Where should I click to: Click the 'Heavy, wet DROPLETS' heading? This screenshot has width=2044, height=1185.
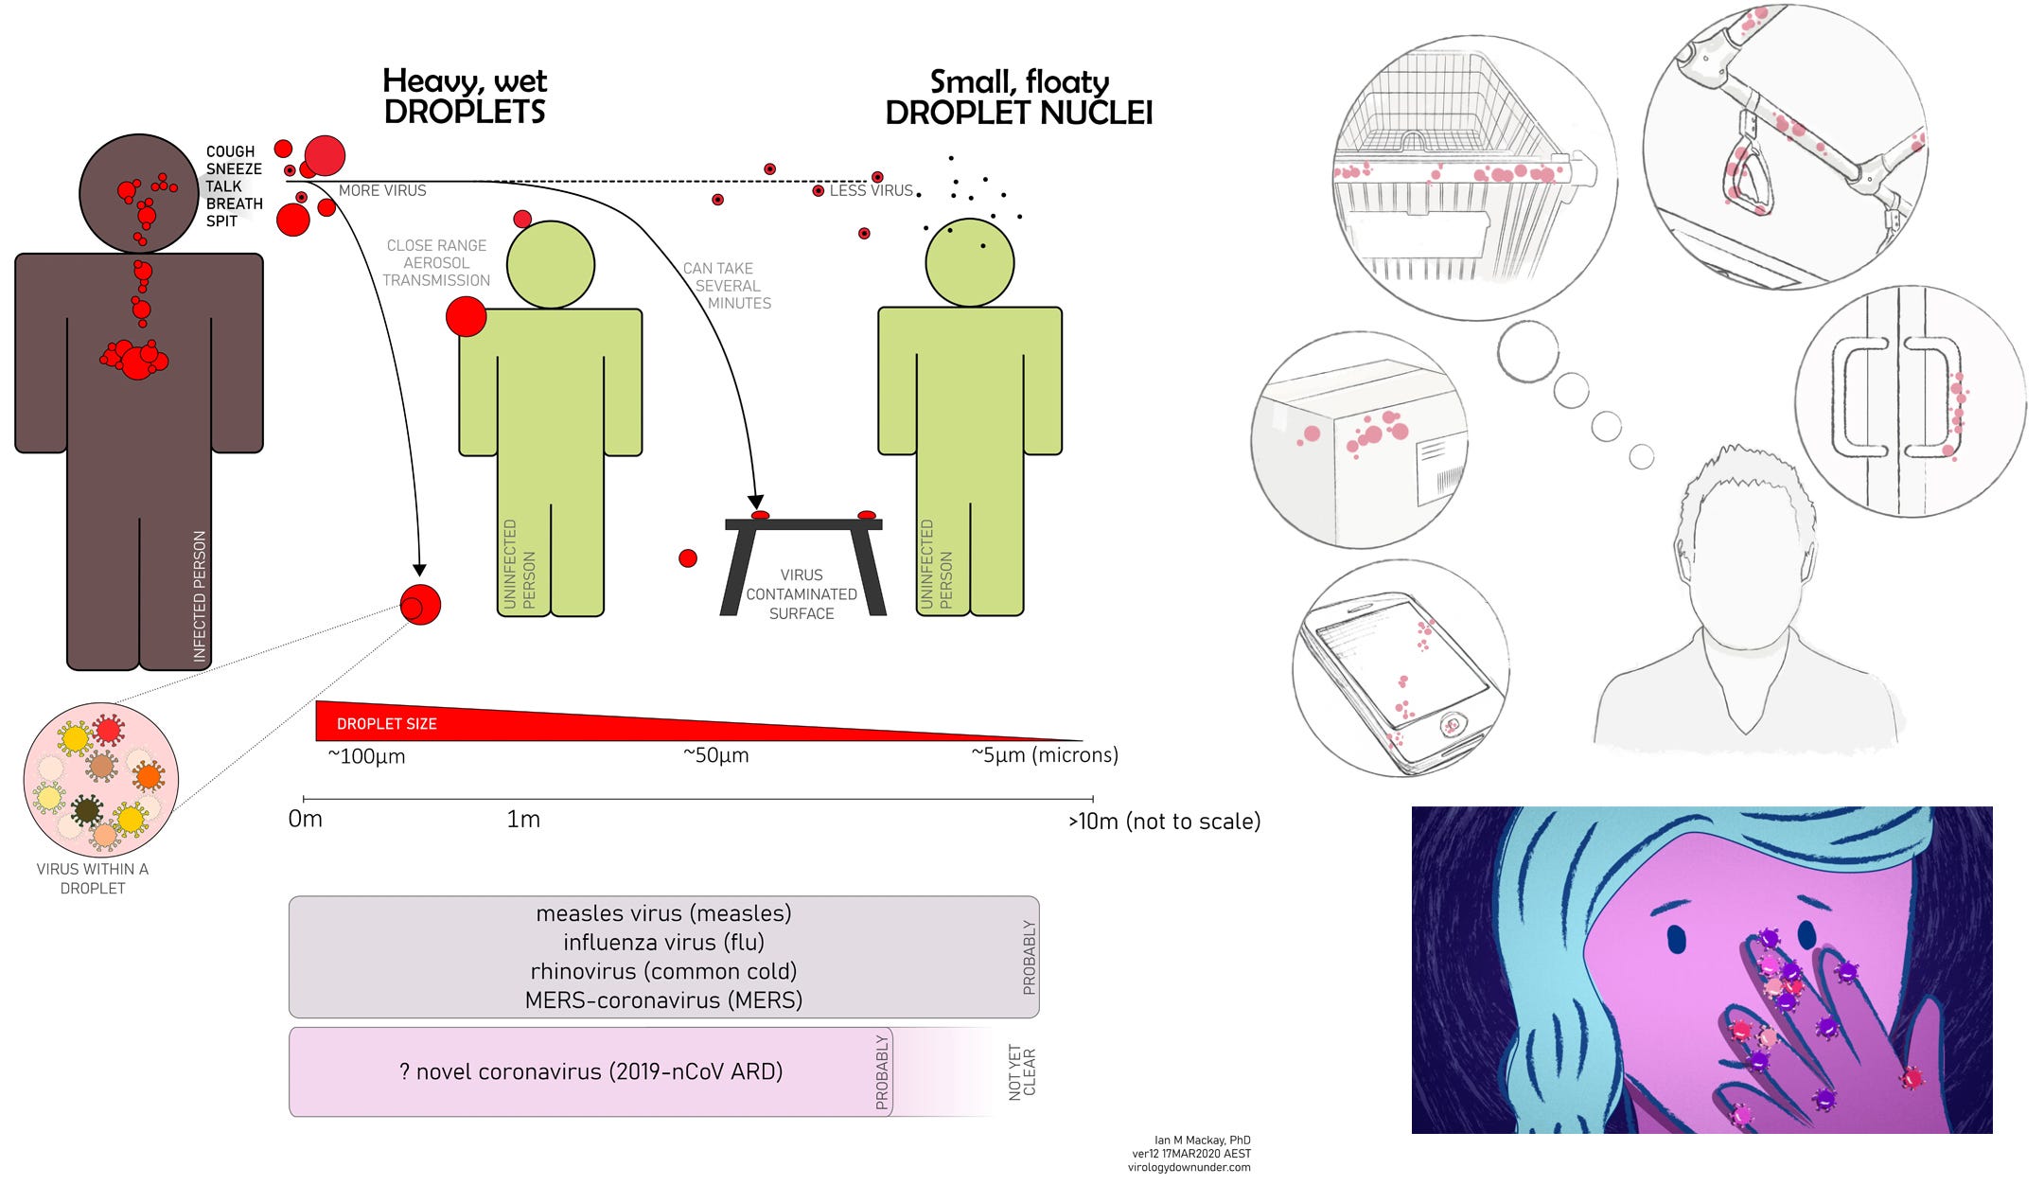[465, 96]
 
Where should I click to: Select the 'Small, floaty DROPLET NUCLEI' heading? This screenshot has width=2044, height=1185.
[1018, 97]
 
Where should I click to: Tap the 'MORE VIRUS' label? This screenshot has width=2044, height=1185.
[382, 190]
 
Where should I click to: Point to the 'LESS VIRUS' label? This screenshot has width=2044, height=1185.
[871, 190]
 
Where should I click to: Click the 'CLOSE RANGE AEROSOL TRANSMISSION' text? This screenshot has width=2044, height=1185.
[436, 262]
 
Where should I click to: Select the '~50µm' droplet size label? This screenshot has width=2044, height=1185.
[715, 755]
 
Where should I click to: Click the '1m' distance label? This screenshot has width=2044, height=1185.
[523, 819]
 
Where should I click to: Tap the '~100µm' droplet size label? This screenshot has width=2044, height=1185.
[366, 756]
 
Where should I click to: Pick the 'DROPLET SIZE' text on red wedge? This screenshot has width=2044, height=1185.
[387, 724]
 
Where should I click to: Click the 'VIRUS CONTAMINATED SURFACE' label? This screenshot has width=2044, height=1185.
[802, 594]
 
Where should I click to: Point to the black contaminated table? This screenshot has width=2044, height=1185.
[803, 565]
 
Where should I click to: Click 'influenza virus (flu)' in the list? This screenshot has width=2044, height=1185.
[663, 942]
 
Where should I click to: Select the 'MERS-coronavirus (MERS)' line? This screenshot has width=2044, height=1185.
[663, 999]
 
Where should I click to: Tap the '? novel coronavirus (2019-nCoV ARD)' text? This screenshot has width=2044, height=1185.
[590, 1071]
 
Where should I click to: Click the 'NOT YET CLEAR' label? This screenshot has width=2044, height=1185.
[1022, 1072]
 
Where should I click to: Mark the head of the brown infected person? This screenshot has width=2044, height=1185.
[138, 194]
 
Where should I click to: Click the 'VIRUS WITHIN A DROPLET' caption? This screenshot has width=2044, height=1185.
[93, 878]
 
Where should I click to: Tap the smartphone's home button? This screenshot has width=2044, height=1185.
[1451, 726]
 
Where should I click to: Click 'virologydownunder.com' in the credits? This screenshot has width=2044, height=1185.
[1189, 1167]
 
